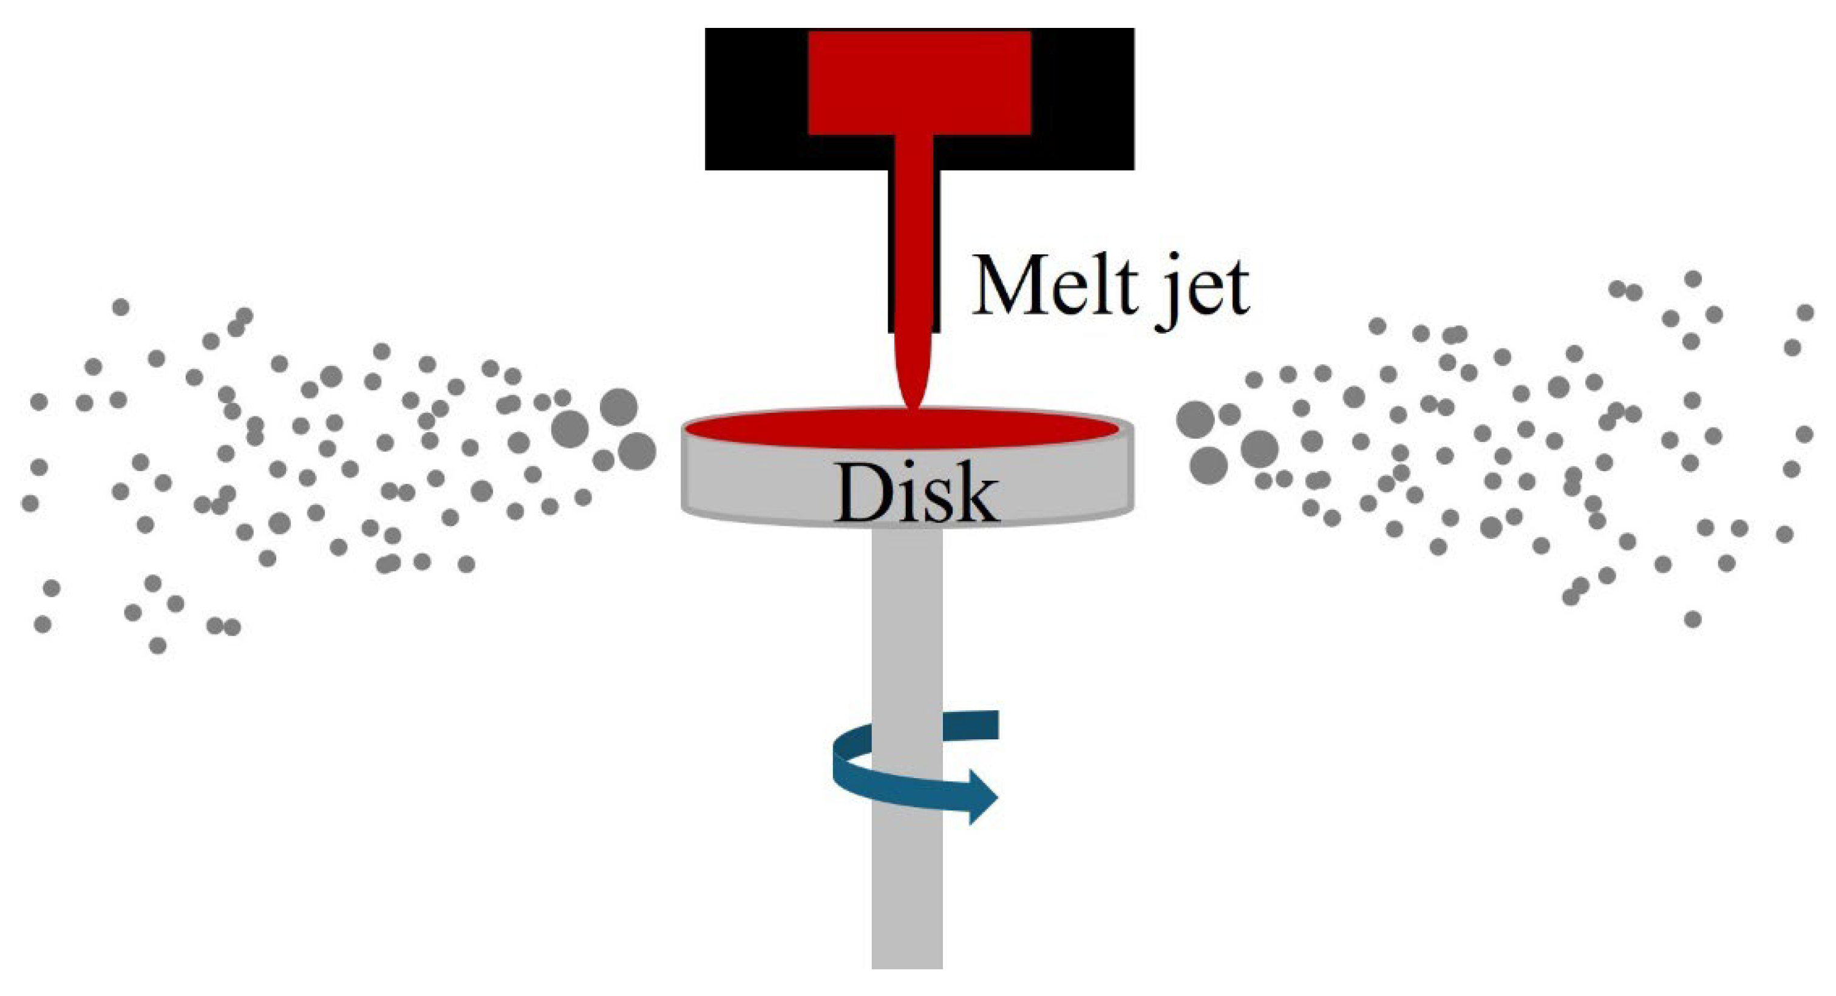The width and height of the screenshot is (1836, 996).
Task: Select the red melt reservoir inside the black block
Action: (x=919, y=82)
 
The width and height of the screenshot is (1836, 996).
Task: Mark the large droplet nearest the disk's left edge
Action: (x=636, y=451)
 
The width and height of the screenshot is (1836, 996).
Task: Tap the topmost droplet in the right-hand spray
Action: (x=1693, y=279)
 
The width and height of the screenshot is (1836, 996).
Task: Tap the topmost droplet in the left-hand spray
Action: (x=121, y=307)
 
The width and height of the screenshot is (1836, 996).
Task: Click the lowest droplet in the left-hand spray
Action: (x=158, y=645)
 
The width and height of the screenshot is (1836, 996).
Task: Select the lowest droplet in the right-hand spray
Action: (x=1693, y=619)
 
